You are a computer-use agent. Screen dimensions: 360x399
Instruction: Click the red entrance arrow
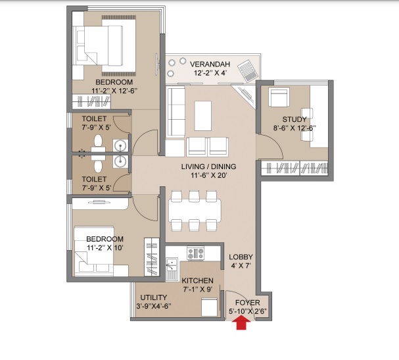[x=242, y=322]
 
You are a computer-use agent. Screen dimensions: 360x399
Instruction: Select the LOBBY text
[x=241, y=257]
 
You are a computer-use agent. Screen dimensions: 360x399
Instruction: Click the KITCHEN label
[x=198, y=280]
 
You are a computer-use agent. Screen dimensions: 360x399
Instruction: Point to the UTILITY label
[x=153, y=297]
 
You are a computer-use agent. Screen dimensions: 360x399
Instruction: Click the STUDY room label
[x=294, y=119]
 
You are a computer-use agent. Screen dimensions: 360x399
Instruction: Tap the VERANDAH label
[x=210, y=64]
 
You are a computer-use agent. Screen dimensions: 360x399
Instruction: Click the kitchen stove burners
[x=196, y=253]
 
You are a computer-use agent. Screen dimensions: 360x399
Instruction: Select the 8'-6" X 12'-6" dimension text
[x=294, y=128]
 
